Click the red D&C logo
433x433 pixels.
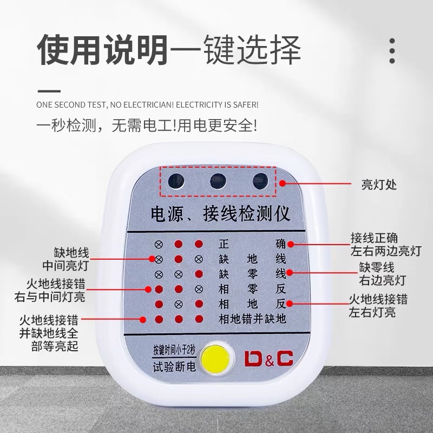coord(268,358)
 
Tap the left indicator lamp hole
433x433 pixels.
coord(176,181)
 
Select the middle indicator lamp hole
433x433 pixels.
coord(218,181)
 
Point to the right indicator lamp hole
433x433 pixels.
coord(260,181)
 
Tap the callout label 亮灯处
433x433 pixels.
coord(379,184)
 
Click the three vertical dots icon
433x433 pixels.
coord(392,51)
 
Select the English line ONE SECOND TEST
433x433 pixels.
coord(147,105)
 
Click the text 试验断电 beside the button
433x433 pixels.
coord(174,367)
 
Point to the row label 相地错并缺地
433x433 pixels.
coord(252,319)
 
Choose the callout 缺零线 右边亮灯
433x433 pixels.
coord(383,274)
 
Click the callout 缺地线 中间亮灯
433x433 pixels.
coord(65,259)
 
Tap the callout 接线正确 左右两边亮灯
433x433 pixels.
coord(386,245)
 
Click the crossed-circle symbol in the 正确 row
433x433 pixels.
coord(158,244)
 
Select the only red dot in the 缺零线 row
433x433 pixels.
coord(199,274)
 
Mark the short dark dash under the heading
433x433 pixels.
coord(49,91)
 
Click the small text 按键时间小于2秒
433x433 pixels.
coord(174,351)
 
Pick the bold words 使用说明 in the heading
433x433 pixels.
coord(103,50)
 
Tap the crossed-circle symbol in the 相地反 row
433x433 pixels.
coord(179,304)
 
